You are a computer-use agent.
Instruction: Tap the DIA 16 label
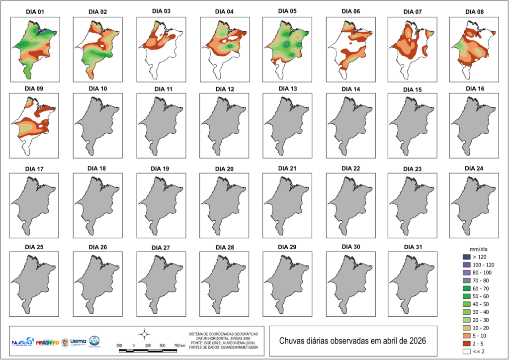tap(475, 89)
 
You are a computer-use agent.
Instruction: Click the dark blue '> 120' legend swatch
tap(466, 257)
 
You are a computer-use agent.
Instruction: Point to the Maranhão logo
tap(48, 342)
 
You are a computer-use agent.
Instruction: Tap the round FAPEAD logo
tap(94, 342)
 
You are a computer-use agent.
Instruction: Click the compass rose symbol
tap(144, 333)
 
